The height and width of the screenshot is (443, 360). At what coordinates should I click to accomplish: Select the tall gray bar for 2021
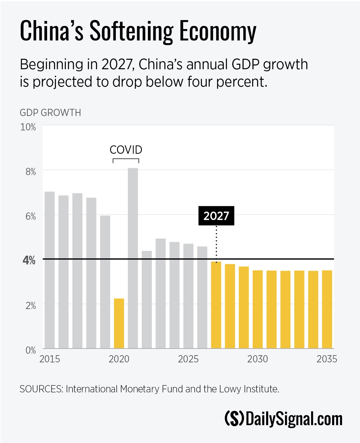point(133,258)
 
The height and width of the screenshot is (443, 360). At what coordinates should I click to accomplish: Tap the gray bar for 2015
point(50,270)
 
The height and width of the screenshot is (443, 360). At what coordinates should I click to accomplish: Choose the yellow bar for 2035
point(327,309)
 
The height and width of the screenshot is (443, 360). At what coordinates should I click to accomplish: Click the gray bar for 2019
point(105,282)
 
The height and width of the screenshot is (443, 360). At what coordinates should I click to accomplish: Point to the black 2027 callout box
point(216,216)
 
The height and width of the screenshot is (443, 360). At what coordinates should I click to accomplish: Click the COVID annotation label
point(126,150)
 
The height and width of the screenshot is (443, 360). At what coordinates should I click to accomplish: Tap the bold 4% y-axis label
point(29,260)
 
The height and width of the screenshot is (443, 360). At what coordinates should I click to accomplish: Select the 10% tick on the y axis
point(28,127)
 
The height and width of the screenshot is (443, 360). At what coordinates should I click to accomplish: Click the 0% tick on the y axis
point(30,350)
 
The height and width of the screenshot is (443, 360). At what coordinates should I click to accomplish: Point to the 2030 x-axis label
point(257,359)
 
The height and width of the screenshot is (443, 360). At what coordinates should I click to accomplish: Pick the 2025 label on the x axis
point(188,359)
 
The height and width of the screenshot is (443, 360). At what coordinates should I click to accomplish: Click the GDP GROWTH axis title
point(50,113)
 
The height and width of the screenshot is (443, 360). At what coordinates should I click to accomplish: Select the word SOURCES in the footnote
point(41,389)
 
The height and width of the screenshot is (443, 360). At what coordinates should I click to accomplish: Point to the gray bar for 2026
point(202,297)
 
